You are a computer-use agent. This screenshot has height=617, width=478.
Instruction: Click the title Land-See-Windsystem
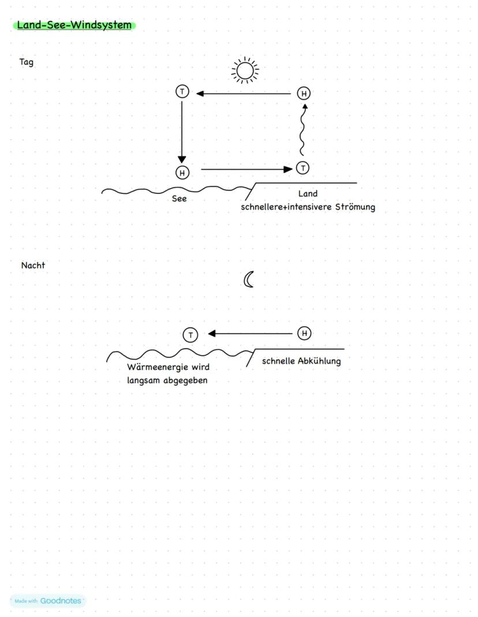point(74,25)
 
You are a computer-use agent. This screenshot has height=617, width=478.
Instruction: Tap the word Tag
point(27,62)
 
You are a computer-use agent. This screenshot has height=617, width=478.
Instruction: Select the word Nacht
point(33,266)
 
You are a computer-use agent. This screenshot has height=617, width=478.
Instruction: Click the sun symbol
point(245,70)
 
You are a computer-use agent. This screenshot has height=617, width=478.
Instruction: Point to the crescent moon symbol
point(249,280)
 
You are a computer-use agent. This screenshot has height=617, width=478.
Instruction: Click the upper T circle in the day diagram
point(182,91)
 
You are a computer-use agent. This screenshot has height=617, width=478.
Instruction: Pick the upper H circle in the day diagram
point(304,93)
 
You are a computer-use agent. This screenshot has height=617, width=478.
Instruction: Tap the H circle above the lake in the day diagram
point(182,172)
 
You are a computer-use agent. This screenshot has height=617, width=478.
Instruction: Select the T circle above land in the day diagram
point(303,168)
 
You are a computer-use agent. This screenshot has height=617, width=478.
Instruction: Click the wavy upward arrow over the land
point(302,130)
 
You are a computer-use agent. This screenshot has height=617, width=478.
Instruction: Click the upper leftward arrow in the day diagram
point(242,93)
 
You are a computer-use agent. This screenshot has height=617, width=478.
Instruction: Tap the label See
point(180,199)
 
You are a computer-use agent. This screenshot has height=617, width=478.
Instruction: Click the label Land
point(308,194)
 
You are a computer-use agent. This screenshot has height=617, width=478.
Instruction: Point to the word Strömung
point(355,207)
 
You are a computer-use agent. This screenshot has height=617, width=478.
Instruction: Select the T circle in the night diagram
point(190,335)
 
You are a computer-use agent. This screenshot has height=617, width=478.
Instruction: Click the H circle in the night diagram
point(304,333)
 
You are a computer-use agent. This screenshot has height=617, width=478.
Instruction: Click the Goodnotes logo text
point(61,601)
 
